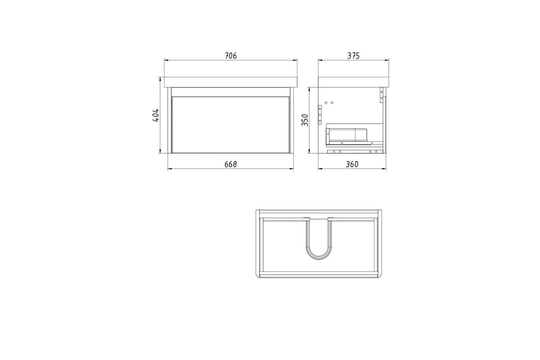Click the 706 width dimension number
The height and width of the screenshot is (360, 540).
pos(231,56)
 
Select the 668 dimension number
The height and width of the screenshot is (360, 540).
pos(231,164)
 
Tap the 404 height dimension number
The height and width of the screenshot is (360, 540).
pos(156,115)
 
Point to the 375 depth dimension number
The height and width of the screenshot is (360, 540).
pos(353,56)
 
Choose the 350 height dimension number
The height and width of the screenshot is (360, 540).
pos(305,120)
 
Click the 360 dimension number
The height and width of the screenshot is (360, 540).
pos(352,164)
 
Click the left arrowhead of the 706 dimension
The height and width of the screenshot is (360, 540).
pos(166,60)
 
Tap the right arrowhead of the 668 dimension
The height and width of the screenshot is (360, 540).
pos(291,169)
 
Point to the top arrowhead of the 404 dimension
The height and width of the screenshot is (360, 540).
pos(160,79)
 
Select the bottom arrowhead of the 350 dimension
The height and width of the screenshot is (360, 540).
pos(309,151)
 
